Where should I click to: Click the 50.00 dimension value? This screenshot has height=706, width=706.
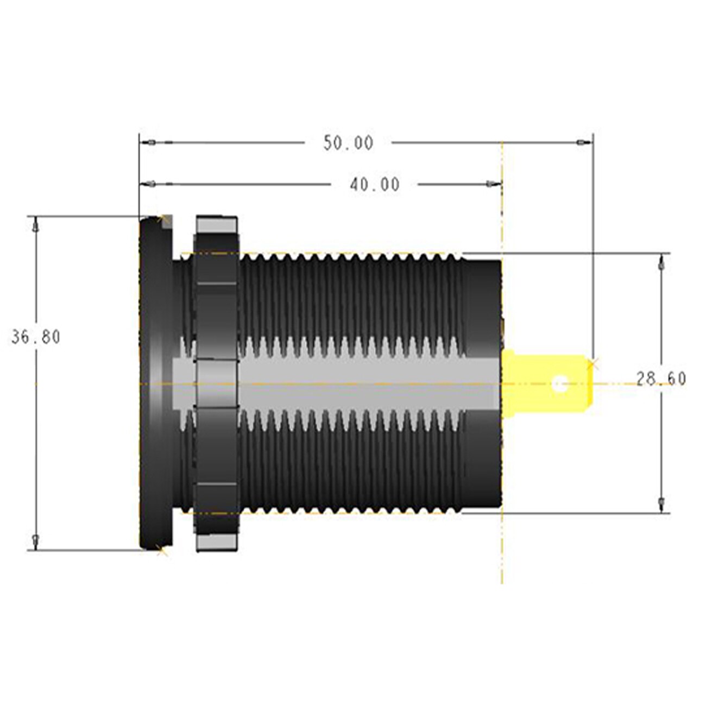point(349,143)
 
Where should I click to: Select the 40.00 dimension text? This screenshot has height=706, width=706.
point(375,185)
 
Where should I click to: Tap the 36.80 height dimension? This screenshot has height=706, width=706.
point(36,337)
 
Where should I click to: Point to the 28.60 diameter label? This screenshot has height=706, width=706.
point(661,379)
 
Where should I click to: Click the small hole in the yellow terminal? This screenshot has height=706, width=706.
point(559,384)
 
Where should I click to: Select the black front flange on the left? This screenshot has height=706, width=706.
point(155,383)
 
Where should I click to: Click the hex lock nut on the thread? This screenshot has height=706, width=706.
point(216,383)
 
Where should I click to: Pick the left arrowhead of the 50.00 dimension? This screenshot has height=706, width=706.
point(151,143)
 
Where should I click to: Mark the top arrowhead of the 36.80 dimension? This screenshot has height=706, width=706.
point(36,224)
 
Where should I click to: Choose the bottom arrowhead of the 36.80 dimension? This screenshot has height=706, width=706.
point(36,541)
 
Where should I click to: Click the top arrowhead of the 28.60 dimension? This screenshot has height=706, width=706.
point(660,263)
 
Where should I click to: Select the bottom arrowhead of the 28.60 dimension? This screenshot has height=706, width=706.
point(660,503)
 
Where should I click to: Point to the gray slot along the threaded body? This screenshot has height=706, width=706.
point(348,383)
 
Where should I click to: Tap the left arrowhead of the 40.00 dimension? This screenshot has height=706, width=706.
point(151,185)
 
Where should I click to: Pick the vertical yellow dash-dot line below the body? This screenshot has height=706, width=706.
point(502,549)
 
